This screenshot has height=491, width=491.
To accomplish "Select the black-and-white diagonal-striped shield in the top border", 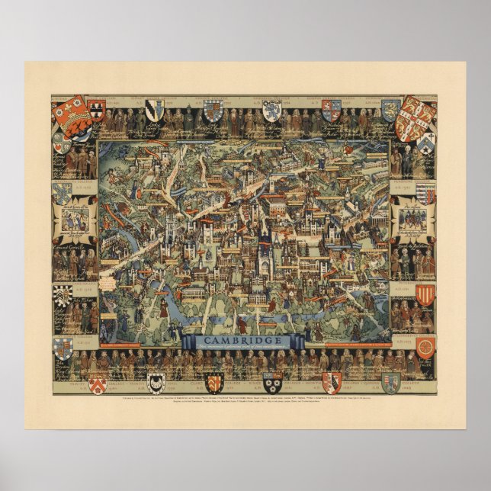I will pos(154,110).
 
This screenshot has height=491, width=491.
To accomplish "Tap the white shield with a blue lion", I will pos(271,110).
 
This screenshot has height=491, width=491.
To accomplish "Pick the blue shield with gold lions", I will pos(391,110).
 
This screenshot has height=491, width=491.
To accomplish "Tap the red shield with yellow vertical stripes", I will pos(425,294).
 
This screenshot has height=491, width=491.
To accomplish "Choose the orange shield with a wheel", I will pos(425,345).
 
